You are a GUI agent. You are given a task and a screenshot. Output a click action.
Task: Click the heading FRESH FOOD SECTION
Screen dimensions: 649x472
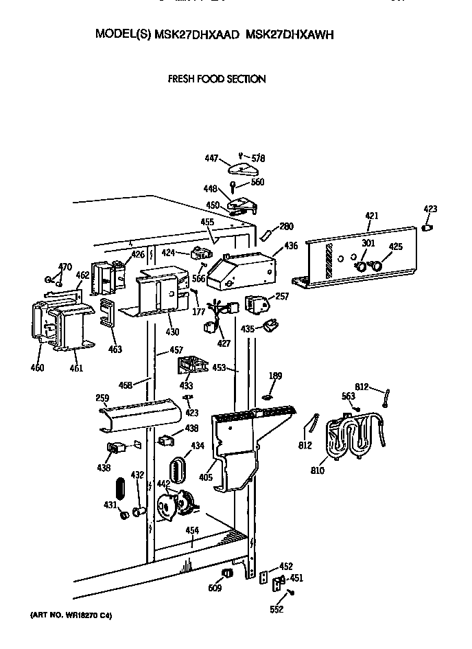click(217, 79)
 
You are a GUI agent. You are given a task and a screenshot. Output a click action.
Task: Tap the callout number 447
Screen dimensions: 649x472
click(212, 159)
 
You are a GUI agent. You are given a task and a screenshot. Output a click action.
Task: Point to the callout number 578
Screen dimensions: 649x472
click(257, 158)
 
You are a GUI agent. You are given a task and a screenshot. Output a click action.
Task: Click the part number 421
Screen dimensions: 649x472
click(371, 216)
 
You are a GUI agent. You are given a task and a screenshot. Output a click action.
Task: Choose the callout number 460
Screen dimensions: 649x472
click(37, 367)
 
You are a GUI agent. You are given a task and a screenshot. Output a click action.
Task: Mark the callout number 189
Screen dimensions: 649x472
click(276, 376)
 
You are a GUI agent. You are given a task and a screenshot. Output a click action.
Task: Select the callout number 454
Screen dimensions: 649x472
click(193, 530)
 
